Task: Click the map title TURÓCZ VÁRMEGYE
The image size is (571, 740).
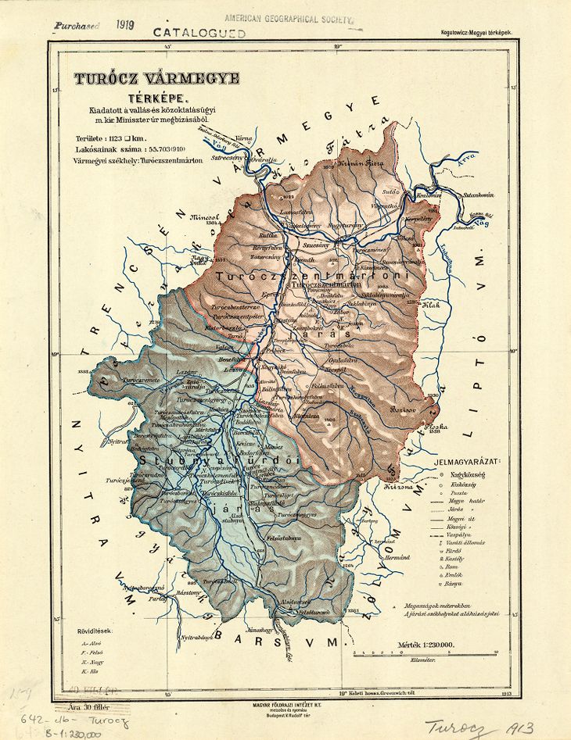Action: (145, 79)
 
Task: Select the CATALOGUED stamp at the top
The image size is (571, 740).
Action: (199, 33)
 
